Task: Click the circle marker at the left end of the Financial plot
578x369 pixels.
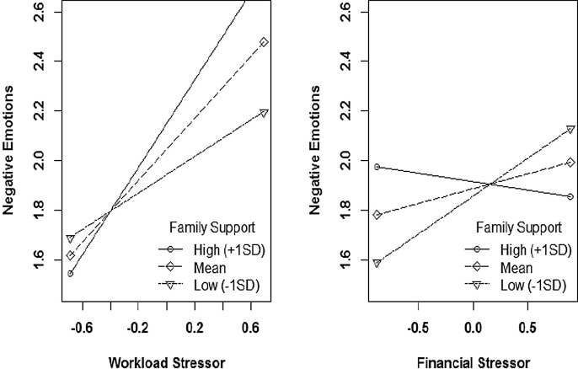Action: pos(377,167)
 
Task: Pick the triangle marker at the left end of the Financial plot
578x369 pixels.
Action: pos(377,263)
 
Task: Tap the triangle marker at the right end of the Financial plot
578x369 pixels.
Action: pos(570,129)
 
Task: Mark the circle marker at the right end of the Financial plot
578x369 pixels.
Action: pos(570,196)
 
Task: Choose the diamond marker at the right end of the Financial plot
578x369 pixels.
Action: pos(570,162)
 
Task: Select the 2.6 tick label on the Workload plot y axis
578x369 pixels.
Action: pos(15,13)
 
